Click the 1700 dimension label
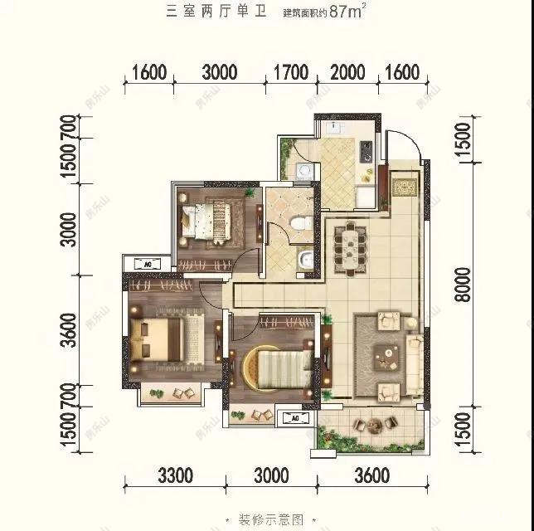(x=290, y=72)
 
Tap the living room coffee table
(x=386, y=357)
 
